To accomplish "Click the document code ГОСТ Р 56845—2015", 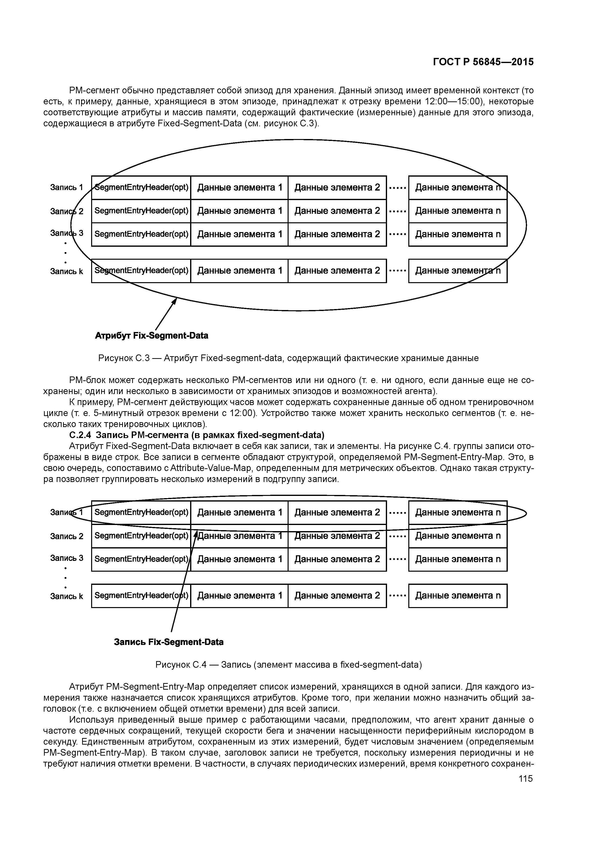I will tap(483, 62).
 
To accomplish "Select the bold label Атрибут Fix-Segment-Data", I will tap(151, 336).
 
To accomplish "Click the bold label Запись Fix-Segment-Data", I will tap(169, 642).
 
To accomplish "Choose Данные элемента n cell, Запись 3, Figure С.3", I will tap(458, 235).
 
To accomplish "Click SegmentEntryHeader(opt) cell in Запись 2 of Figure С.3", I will tap(141, 211).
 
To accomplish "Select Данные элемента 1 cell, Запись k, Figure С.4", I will tap(239, 596).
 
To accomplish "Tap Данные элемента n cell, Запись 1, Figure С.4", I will tap(458, 513).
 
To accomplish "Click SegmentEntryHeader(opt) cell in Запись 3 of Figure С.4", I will tap(141, 559).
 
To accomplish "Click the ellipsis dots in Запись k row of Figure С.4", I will tap(397, 596).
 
